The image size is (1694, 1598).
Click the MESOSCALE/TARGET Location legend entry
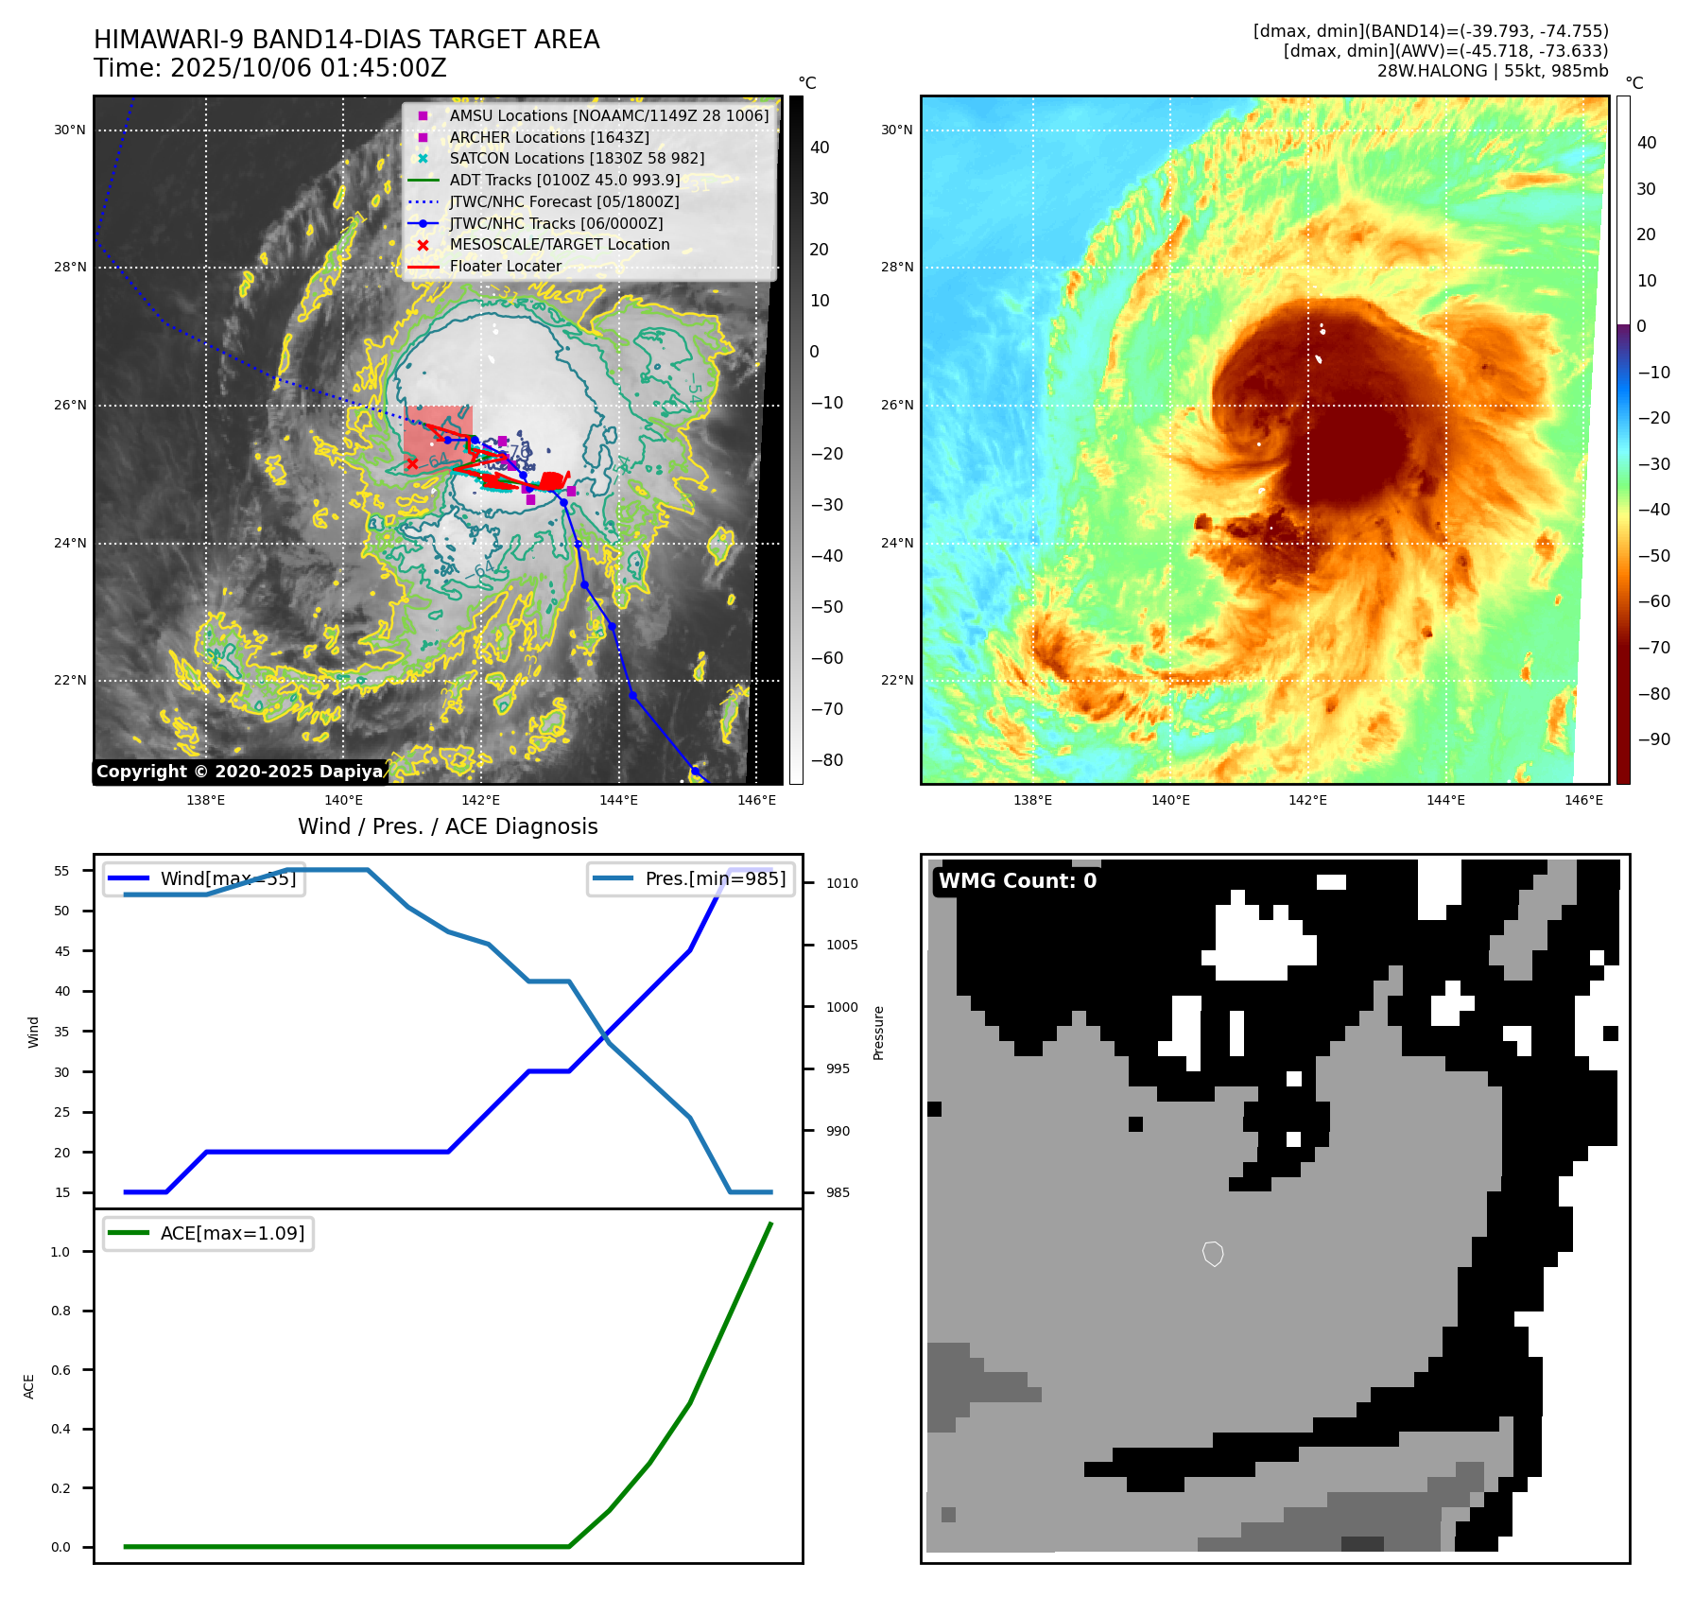(x=559, y=245)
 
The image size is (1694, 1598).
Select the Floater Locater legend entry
(x=505, y=267)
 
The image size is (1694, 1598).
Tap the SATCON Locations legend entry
(x=577, y=159)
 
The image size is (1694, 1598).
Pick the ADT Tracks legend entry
(x=564, y=181)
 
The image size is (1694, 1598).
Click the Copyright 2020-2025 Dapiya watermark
(x=240, y=772)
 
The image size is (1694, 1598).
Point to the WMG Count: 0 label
(x=1017, y=881)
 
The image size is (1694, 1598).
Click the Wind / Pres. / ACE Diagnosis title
(x=447, y=827)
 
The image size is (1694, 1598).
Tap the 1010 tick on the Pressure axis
(x=842, y=883)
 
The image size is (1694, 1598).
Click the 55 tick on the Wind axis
(x=62, y=871)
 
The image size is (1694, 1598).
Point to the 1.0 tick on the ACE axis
(x=60, y=1252)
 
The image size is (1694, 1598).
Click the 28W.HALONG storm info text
(x=1492, y=71)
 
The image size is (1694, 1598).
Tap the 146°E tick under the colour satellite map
(x=1583, y=801)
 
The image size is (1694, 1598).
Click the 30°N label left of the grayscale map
(x=70, y=130)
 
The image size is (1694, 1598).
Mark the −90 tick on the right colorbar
(x=1653, y=739)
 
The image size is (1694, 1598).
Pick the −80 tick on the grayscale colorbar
(x=826, y=760)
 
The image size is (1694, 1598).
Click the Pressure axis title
(x=878, y=1033)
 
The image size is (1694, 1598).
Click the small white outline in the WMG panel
(x=1213, y=1254)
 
